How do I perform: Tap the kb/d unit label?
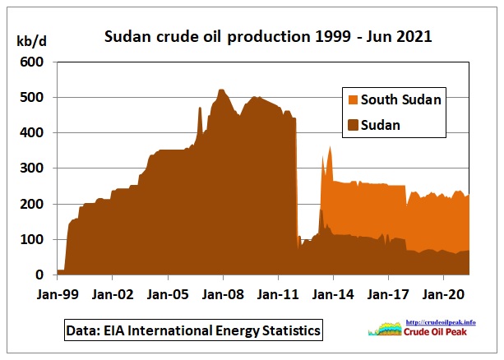[x=32, y=40]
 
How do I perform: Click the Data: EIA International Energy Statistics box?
[x=192, y=330]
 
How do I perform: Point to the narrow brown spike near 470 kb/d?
[x=200, y=111]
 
